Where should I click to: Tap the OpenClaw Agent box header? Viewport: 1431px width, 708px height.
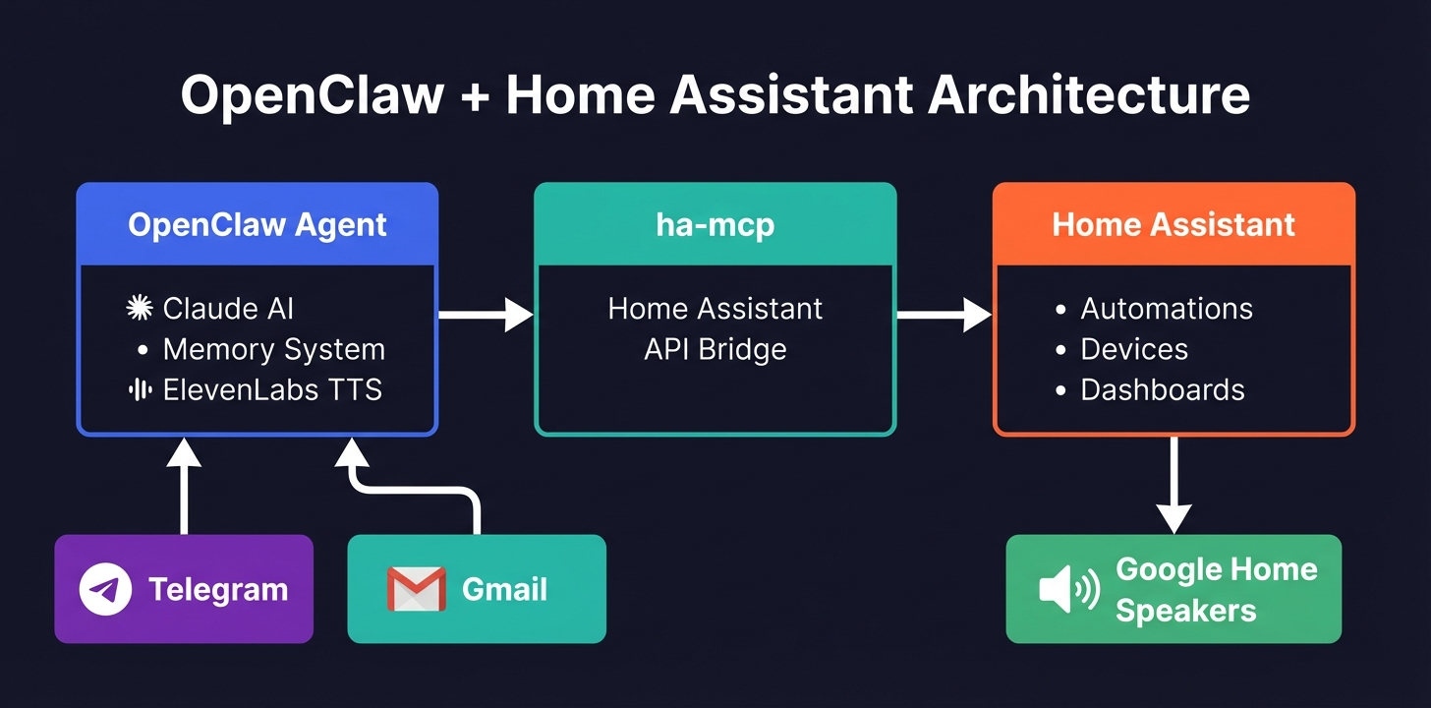coord(258,224)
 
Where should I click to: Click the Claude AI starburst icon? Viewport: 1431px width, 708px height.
coord(141,309)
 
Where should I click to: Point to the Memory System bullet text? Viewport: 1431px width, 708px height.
coord(273,349)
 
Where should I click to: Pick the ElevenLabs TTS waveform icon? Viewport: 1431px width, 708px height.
coord(141,390)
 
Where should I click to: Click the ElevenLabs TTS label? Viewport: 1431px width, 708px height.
coord(272,390)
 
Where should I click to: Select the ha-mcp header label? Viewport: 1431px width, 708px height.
coord(715,224)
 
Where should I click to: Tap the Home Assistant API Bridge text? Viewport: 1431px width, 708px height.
coord(715,328)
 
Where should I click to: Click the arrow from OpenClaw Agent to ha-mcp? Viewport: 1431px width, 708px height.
coord(486,315)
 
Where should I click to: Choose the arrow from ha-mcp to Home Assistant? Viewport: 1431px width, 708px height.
coord(944,315)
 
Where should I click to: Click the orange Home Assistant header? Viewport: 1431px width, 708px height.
coord(1173,224)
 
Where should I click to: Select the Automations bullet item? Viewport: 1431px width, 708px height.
coord(1166,309)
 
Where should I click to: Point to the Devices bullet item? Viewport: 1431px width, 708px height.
coord(1133,349)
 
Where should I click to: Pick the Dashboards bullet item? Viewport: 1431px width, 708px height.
coord(1162,390)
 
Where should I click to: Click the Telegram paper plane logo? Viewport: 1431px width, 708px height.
coord(105,589)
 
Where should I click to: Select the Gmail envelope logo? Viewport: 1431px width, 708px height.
coord(416,589)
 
